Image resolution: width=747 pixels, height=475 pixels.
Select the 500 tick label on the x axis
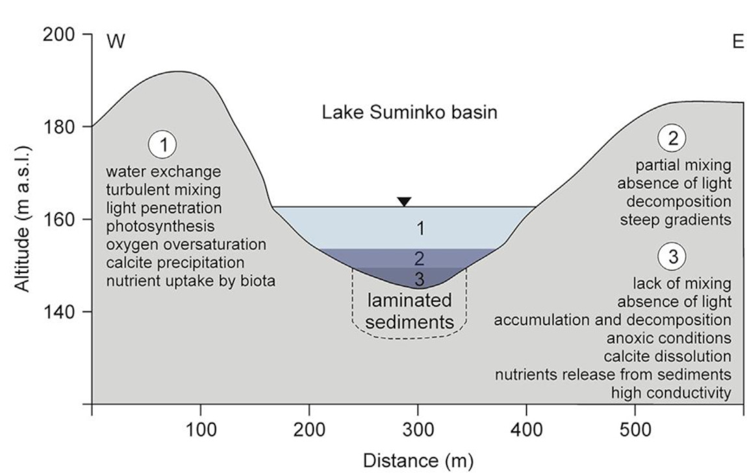(635, 430)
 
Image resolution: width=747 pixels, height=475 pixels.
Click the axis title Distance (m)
(418, 461)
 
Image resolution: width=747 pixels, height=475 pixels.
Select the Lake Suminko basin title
(410, 112)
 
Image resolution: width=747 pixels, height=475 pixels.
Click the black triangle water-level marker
(404, 201)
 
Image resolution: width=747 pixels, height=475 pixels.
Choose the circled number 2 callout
(672, 138)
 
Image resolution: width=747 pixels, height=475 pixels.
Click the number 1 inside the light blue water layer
(420, 228)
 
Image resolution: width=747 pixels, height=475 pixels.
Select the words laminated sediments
(409, 311)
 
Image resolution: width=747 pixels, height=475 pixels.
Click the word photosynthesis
(160, 227)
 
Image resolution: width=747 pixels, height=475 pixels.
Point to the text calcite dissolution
(667, 357)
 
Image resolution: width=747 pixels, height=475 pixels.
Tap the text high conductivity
(671, 393)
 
